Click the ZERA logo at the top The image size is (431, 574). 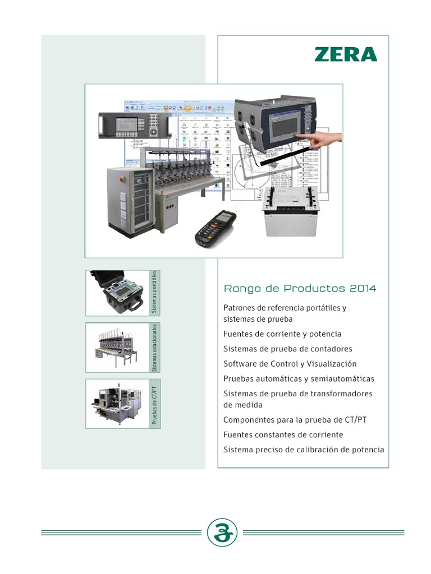(x=345, y=54)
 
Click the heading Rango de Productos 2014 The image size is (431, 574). (x=300, y=289)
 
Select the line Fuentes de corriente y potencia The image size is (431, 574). (x=282, y=334)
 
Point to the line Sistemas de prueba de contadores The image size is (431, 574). (x=288, y=349)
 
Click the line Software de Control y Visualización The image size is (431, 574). (x=290, y=364)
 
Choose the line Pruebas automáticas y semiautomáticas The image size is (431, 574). (x=299, y=379)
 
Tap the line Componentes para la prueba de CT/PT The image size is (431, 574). (x=295, y=420)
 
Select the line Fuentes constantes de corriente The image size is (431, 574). (x=283, y=435)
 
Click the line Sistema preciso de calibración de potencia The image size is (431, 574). (x=304, y=450)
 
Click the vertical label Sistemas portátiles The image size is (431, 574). (x=154, y=293)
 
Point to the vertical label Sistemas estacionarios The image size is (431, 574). (x=154, y=348)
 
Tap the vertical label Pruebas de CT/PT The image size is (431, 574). (x=154, y=404)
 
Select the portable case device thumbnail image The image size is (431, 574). (x=117, y=292)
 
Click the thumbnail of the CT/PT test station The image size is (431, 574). (x=117, y=404)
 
